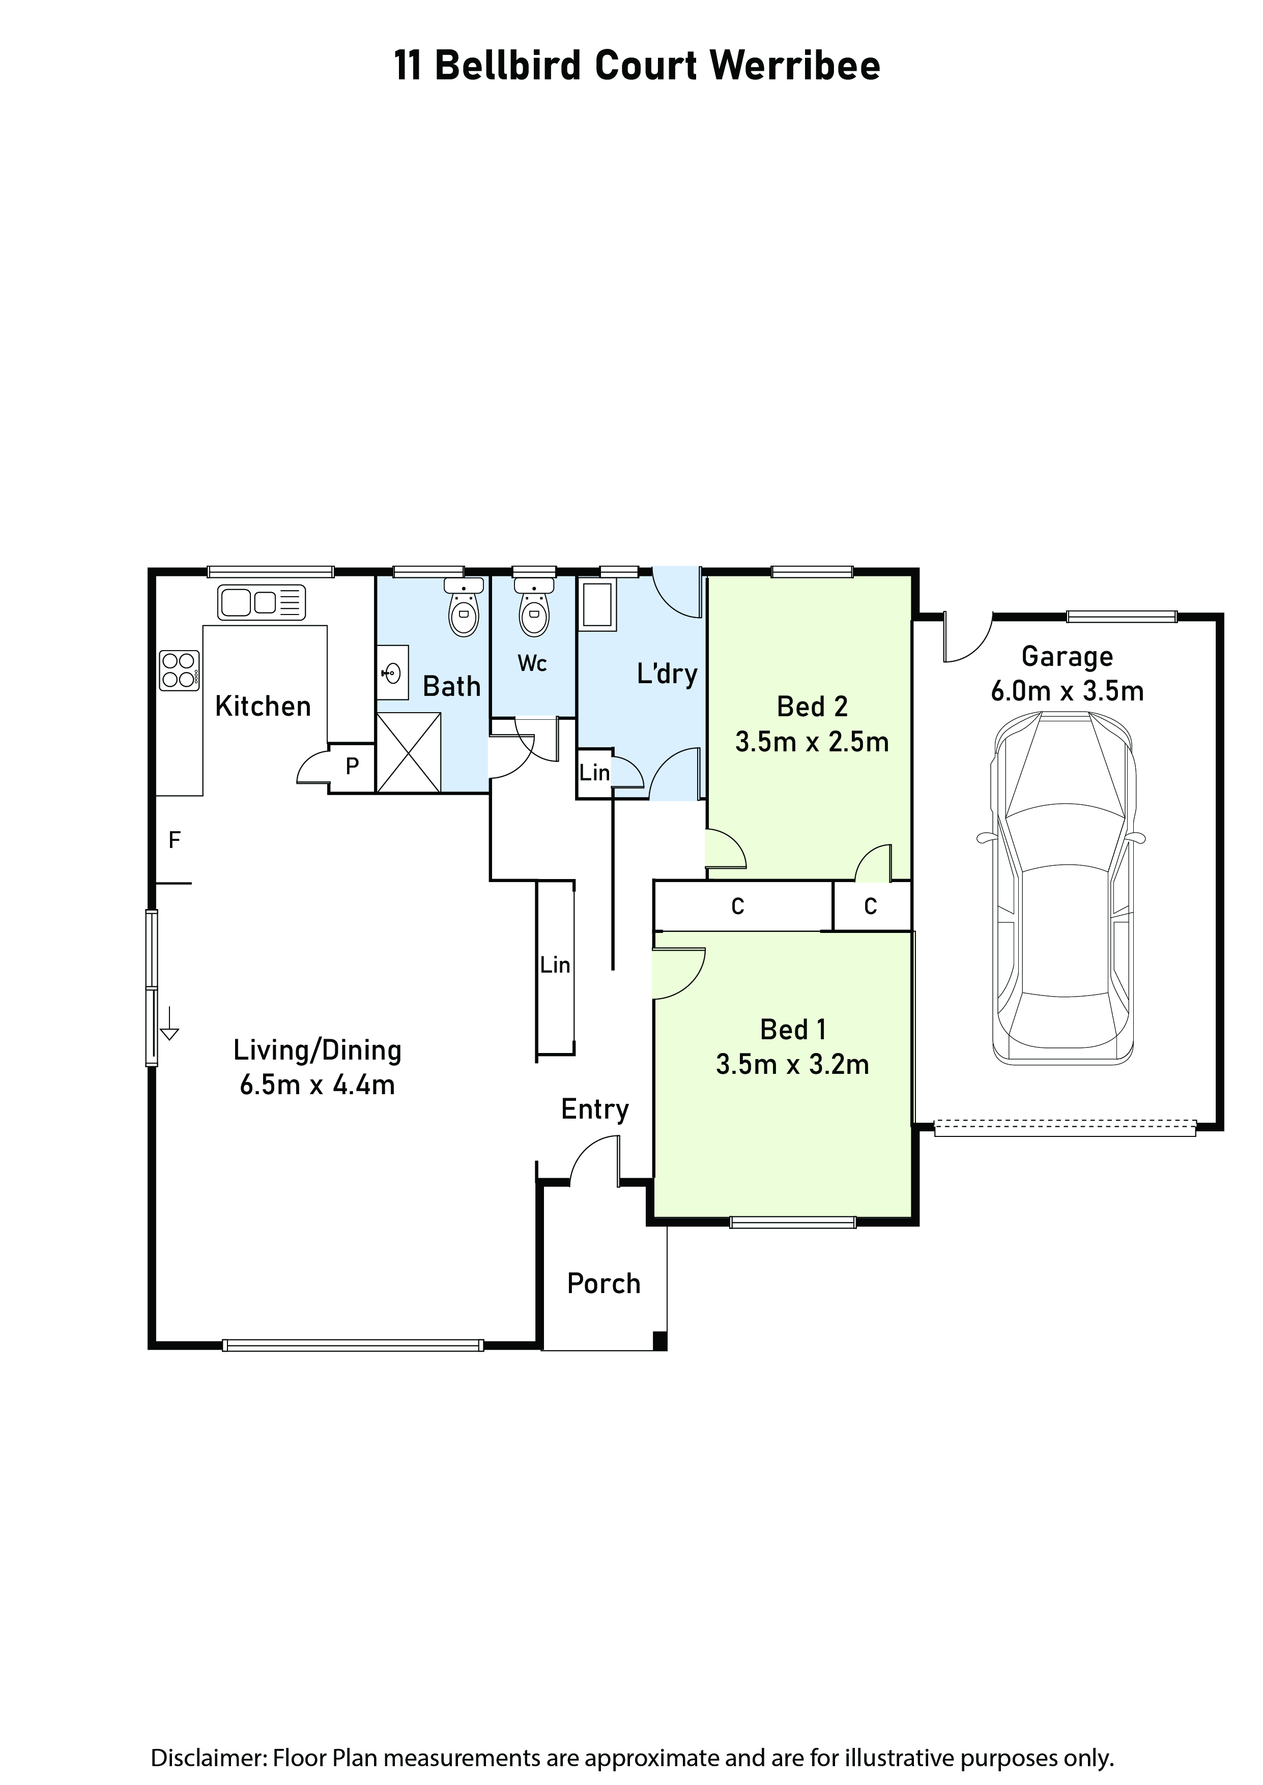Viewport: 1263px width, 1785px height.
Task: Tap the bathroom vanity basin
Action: tap(393, 671)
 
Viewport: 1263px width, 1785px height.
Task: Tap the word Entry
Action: tap(595, 1110)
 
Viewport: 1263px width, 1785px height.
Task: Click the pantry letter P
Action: tap(352, 767)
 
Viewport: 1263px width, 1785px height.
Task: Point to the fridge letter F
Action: tap(175, 840)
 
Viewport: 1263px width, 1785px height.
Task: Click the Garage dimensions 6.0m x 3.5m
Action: tap(1067, 691)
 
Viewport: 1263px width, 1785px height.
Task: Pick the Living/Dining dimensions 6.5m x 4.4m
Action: tap(318, 1085)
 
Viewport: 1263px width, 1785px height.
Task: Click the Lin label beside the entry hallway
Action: tap(555, 965)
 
